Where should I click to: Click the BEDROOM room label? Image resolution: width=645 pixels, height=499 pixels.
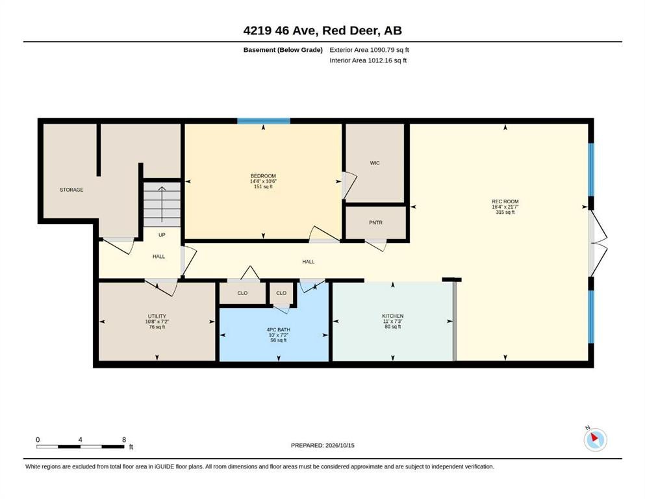263,176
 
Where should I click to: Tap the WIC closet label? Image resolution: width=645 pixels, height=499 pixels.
375,163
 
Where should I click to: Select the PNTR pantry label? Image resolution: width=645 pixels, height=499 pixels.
375,223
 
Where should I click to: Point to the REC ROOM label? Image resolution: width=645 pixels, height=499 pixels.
505,201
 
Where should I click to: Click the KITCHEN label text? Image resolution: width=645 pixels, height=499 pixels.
393,316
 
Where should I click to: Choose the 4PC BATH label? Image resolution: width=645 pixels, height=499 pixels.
279,329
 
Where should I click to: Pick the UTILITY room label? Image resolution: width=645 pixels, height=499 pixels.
157,316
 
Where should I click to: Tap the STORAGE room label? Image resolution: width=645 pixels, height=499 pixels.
71,190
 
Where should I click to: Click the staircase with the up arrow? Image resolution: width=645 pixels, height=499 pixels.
162,204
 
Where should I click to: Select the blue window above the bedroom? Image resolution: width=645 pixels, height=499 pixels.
264,121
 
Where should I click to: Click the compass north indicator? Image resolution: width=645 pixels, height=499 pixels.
595,439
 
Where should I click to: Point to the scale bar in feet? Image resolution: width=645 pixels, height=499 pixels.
80,446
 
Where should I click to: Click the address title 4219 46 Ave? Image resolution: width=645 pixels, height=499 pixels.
322,31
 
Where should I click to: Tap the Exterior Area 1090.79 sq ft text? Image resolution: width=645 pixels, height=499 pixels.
369,50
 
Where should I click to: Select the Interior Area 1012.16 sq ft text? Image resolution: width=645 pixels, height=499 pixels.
368,60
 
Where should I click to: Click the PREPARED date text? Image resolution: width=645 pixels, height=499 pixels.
322,445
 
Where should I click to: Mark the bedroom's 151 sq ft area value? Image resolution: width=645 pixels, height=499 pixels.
263,186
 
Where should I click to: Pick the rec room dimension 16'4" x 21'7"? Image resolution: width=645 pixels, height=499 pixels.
505,207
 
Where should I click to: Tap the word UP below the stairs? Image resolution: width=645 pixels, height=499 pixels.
162,235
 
